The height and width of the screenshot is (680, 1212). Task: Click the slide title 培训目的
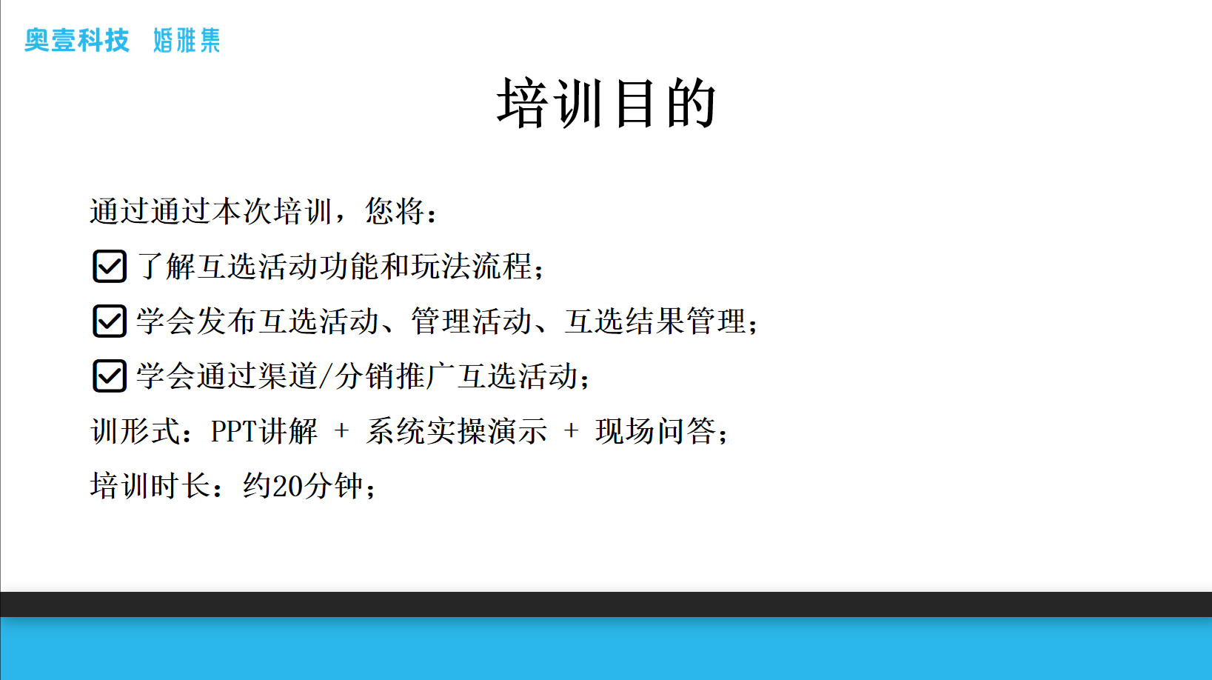(606, 103)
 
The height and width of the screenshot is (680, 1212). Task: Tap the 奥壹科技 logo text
(77, 40)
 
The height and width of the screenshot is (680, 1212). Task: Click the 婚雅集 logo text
(187, 40)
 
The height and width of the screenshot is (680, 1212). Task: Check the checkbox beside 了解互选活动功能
(110, 267)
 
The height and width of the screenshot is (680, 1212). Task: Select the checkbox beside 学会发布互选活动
(110, 321)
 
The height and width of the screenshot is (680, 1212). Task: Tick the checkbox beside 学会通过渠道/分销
(110, 376)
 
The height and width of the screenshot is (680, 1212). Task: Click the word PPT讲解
(264, 432)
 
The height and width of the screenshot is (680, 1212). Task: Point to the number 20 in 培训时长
(288, 486)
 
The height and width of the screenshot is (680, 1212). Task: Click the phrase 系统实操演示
(456, 432)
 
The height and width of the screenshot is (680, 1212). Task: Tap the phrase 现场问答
(656, 432)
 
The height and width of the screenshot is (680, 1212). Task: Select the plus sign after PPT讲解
(341, 432)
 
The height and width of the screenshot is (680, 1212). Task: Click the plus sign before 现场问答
(572, 432)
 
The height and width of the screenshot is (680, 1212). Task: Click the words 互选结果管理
(655, 321)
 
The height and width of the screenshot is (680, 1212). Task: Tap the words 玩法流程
(472, 267)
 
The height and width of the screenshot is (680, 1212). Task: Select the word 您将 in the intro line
(395, 211)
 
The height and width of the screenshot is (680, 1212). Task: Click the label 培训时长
(150, 486)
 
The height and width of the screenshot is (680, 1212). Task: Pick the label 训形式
(135, 432)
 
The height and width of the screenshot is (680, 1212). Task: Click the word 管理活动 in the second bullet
(472, 321)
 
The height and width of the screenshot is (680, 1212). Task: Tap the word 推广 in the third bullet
(426, 376)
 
